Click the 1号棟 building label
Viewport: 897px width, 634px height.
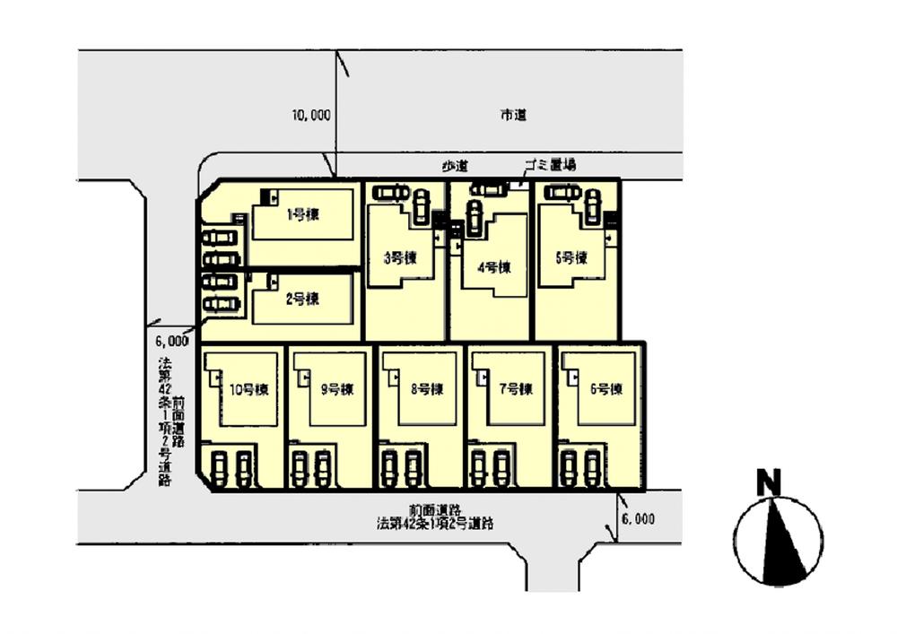click(x=303, y=214)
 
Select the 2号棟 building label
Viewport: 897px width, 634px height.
click(x=303, y=301)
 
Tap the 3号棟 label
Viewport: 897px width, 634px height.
click(x=400, y=258)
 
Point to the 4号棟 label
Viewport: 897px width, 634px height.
click(x=493, y=266)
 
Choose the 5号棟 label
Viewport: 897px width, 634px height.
click(x=570, y=258)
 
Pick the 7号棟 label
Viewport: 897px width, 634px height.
click(x=516, y=389)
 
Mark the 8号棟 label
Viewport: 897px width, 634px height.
click(x=427, y=389)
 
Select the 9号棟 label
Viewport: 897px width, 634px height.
click(x=336, y=389)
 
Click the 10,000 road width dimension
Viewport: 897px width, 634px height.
click(x=310, y=115)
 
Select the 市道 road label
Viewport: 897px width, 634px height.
click(x=513, y=115)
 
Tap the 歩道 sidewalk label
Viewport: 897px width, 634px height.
click(x=456, y=167)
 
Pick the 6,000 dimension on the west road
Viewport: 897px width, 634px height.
click(x=170, y=341)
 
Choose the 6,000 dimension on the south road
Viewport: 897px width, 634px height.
click(x=637, y=519)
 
